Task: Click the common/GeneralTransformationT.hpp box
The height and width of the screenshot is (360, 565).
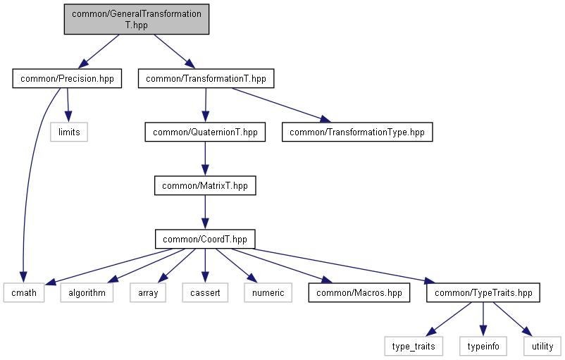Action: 137,20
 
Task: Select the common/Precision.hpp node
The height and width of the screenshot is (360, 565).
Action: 67,79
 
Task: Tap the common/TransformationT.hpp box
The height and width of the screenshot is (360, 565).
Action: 206,79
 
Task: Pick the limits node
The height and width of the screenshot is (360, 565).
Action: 69,132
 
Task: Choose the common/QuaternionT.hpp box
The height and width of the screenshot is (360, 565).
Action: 206,132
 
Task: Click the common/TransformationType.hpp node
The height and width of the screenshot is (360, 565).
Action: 357,132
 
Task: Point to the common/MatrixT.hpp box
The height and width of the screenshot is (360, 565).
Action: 205,185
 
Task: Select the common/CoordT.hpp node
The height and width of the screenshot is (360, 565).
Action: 205,239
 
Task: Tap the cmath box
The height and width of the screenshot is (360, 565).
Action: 24,292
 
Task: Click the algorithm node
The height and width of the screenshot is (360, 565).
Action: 87,292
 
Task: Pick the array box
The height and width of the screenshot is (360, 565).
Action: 148,292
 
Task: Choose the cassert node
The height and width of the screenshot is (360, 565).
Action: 205,292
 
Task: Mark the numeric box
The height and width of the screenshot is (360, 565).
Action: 268,292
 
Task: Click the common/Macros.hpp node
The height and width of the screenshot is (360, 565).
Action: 359,292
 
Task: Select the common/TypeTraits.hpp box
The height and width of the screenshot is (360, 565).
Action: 483,292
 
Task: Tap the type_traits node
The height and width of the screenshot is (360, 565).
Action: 414,347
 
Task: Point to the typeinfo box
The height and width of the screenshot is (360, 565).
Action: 483,347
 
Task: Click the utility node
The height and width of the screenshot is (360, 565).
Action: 542,347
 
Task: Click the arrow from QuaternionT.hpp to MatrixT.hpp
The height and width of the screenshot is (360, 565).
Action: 205,159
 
